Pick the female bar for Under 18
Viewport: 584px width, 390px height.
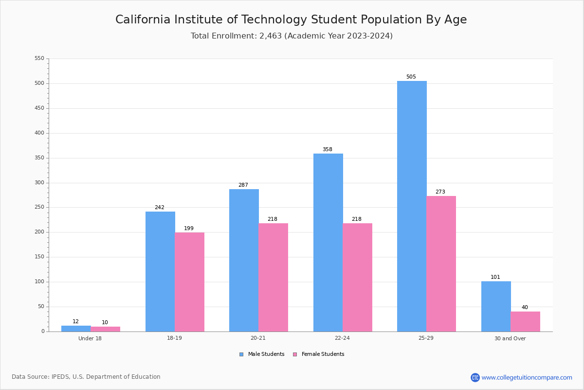click(x=105, y=329)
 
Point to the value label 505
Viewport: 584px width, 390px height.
click(x=411, y=77)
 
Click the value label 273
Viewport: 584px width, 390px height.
click(x=440, y=192)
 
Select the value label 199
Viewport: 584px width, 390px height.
click(x=189, y=228)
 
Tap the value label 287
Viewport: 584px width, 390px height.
click(x=243, y=185)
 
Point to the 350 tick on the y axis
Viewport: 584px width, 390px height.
click(x=39, y=158)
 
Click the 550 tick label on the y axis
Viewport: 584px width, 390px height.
click(x=39, y=58)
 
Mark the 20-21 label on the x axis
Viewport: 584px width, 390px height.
click(x=258, y=338)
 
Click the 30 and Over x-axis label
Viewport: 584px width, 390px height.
click(x=510, y=338)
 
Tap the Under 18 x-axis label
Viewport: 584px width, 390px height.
click(x=90, y=338)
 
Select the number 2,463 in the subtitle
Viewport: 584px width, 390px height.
click(x=271, y=36)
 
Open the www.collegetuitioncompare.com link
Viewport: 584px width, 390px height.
click(x=527, y=377)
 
